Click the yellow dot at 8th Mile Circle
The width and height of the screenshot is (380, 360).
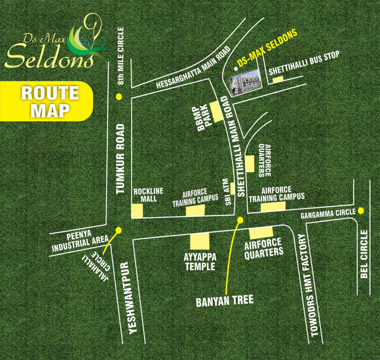point(119,97)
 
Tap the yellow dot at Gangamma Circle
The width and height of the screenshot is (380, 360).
point(361,211)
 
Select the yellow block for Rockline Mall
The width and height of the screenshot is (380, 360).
point(137,211)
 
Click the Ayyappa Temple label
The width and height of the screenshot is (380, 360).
point(199,262)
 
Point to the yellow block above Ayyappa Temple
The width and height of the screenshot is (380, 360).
point(200,241)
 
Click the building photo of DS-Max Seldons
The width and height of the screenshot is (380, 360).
point(245,82)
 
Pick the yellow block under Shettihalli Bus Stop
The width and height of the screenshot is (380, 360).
point(278,79)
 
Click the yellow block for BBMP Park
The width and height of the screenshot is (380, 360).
point(216,111)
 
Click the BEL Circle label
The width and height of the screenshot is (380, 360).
point(364,254)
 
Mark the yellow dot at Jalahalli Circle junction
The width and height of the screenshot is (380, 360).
point(118,230)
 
